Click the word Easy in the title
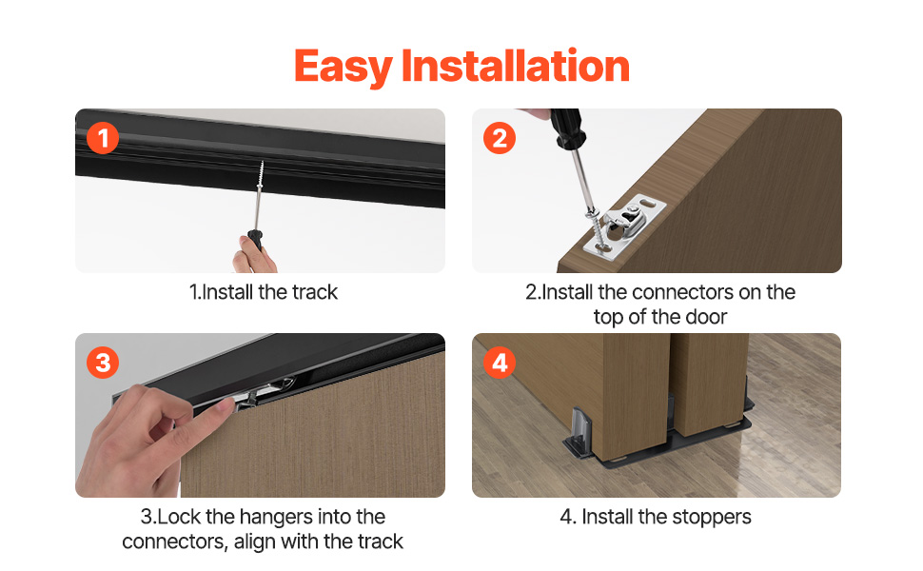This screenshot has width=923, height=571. click(344, 68)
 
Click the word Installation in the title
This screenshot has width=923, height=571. click(516, 66)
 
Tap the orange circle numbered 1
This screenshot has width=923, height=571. click(103, 138)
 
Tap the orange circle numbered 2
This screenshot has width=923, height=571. click(500, 138)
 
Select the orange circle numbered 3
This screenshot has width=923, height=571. click(103, 363)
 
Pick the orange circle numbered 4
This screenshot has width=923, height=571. click(500, 363)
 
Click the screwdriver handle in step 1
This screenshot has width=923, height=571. click(255, 240)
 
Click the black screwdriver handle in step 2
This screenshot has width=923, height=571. click(566, 128)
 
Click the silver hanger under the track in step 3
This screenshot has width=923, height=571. click(264, 392)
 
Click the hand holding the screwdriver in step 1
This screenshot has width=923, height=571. click(254, 255)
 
